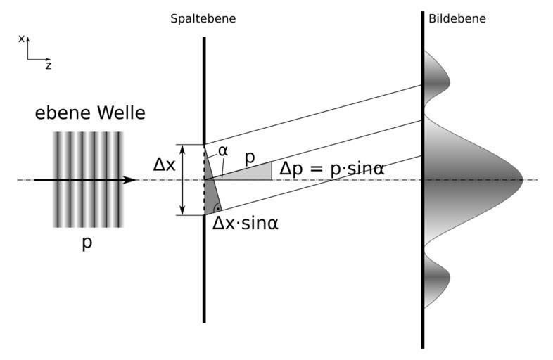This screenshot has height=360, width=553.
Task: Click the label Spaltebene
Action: pos(203,19)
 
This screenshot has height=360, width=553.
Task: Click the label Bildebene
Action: pos(457,19)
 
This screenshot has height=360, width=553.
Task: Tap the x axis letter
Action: pos(22,39)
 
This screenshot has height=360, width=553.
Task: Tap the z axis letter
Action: pos(48,65)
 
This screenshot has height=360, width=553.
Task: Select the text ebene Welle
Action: pos(90,113)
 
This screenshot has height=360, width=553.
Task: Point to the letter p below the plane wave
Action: pos(87,244)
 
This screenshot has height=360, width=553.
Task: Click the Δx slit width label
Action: pos(164,165)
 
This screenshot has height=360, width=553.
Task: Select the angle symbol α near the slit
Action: pos(223,150)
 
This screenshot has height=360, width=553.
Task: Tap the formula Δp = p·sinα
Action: pos(331,169)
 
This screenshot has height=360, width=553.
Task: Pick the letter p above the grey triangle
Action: pos(249,157)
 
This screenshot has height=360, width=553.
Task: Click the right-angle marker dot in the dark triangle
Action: pos(217,207)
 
